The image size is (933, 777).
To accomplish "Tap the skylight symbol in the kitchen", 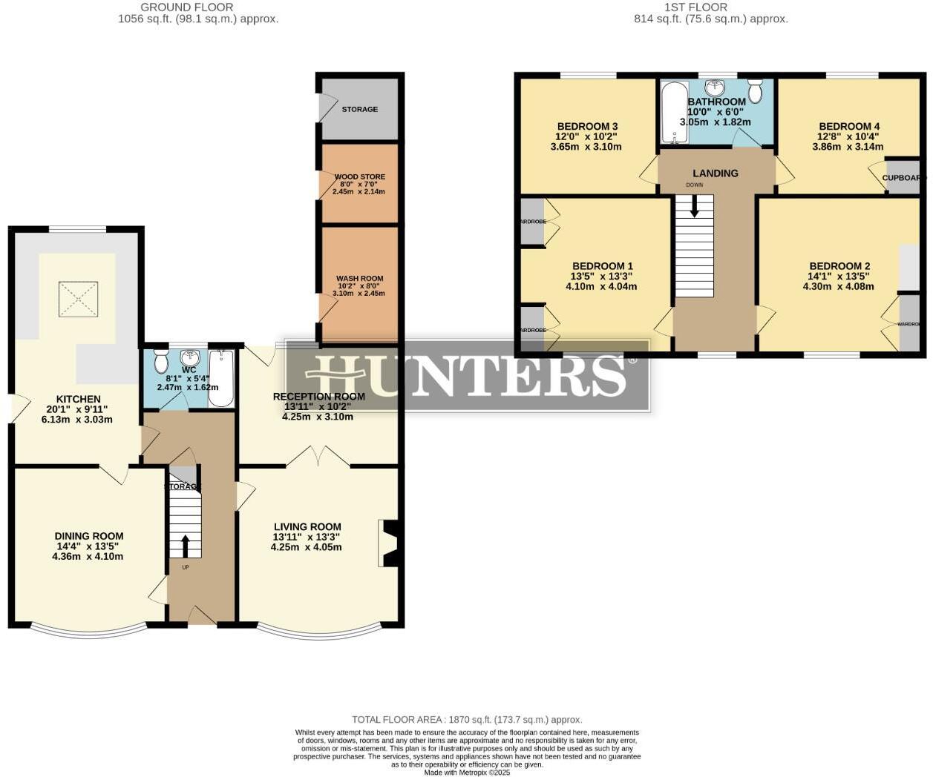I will coord(78,299).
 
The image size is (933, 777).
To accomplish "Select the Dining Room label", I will coord(88,536).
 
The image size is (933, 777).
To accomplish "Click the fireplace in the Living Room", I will coord(390,543).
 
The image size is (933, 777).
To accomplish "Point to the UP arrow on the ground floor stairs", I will coord(186,546).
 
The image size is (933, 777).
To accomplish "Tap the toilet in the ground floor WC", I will coord(161,363).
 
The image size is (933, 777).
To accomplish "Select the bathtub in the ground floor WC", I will coord(221,378).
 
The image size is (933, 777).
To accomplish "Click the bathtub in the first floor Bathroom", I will coord(674,112).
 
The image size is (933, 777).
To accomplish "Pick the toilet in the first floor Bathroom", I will coord(755,91).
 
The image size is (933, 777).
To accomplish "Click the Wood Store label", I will coord(360,177).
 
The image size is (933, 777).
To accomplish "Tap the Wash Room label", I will coord(360,279).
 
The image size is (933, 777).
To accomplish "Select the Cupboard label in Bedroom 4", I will coord(903,178).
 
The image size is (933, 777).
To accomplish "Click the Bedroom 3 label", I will coord(587,127).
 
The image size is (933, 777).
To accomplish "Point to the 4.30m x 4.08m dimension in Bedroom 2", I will coord(839,286).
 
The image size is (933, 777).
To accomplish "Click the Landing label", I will coord(716,173).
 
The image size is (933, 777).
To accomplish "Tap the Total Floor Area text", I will coord(467,719).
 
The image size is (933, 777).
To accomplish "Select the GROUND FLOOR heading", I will coord(187,7).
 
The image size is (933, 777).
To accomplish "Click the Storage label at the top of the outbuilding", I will coord(360,109).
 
